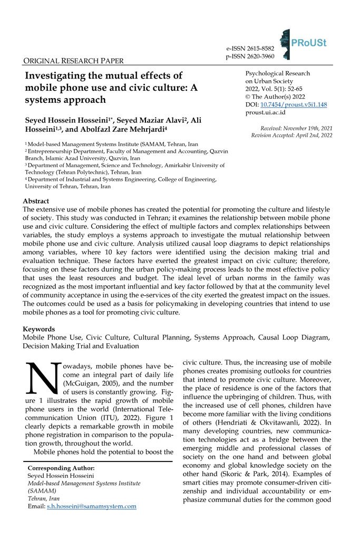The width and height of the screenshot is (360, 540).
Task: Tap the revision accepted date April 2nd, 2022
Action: tap(312, 136)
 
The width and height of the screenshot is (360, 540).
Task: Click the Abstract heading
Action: tap(36, 201)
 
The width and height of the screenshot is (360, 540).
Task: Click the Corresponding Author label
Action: tap(61, 468)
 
